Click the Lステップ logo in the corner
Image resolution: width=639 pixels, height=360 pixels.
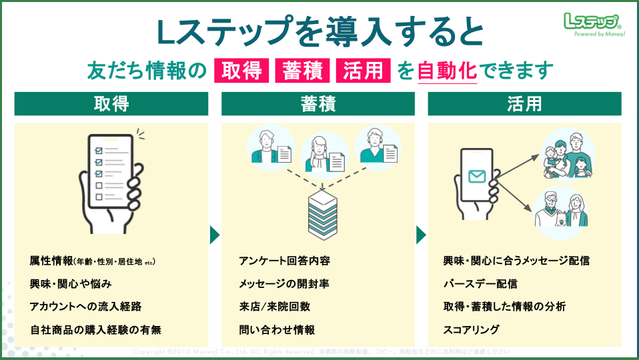[592, 24]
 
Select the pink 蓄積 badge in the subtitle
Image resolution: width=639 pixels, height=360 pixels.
[302, 70]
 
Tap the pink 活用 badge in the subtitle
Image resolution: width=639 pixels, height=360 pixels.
[364, 70]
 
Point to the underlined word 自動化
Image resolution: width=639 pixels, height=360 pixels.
[447, 70]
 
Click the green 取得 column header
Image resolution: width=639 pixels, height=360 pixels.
[111, 104]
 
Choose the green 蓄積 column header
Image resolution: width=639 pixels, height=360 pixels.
[318, 104]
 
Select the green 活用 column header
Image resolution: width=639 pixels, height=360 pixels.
[524, 104]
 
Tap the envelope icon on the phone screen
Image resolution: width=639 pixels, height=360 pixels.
[476, 177]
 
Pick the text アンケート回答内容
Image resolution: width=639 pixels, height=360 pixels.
[284, 261]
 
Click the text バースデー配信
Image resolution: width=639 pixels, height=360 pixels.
[480, 284]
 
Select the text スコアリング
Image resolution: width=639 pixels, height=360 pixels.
[471, 330]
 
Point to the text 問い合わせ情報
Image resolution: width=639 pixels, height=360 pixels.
[277, 330]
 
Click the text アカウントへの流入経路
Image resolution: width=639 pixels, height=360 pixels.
[85, 307]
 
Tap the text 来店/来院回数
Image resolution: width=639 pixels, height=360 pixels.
[274, 307]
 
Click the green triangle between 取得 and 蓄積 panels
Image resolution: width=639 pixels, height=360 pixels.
[214, 235]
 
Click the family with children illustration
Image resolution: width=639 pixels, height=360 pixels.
[566, 156]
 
